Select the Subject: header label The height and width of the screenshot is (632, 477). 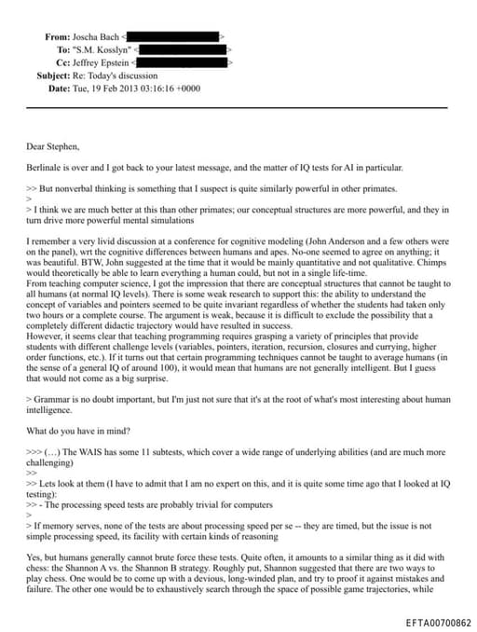[x=53, y=75]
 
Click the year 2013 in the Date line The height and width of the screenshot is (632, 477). [x=136, y=88]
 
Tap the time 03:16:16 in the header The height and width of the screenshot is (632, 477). [x=169, y=88]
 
